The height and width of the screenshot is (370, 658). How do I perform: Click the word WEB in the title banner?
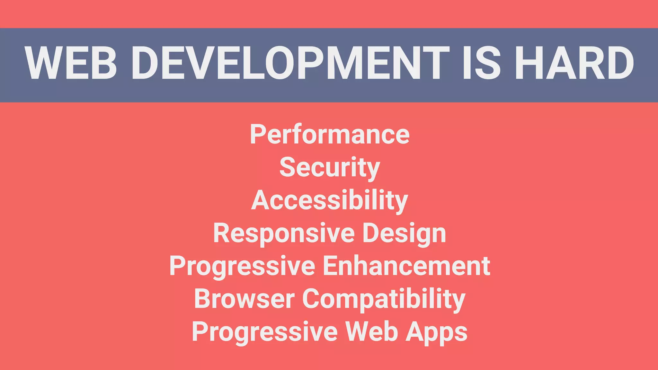(x=71, y=63)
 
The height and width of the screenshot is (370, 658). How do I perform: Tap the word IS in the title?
(x=481, y=63)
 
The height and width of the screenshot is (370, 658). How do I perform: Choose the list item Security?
(x=330, y=168)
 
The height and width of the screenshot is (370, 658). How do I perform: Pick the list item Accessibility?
(x=330, y=200)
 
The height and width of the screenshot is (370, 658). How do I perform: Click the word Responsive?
(x=284, y=233)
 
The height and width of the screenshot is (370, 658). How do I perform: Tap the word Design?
(x=404, y=233)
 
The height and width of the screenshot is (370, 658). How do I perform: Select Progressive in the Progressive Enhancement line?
(x=242, y=267)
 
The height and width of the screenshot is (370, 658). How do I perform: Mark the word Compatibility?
(x=384, y=299)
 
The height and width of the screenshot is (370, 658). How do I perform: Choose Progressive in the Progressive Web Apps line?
(x=265, y=332)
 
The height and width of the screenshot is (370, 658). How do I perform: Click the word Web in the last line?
(x=371, y=331)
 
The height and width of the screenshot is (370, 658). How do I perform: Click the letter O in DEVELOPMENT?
(x=280, y=63)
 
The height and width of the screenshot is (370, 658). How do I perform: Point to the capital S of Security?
(x=287, y=167)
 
